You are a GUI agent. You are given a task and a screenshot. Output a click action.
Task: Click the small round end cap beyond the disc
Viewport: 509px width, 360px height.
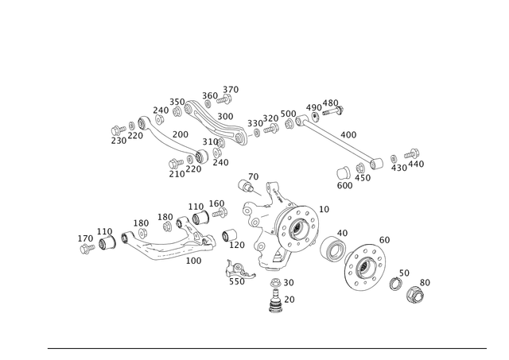[414, 295]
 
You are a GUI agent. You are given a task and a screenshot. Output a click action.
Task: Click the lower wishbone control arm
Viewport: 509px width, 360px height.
[167, 242]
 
